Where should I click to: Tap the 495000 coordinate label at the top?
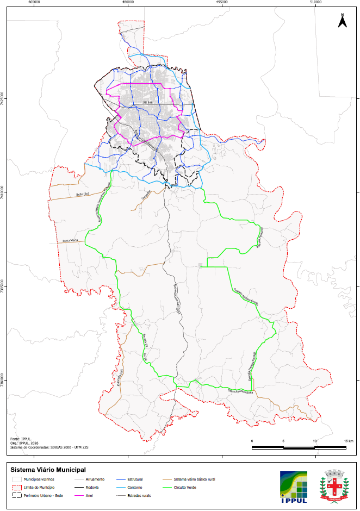tap(222, 2)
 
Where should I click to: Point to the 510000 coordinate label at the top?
tap(315, 2)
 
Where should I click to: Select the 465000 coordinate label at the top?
tap(34, 2)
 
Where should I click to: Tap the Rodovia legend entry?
tap(92, 488)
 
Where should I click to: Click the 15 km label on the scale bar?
tap(349, 440)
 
